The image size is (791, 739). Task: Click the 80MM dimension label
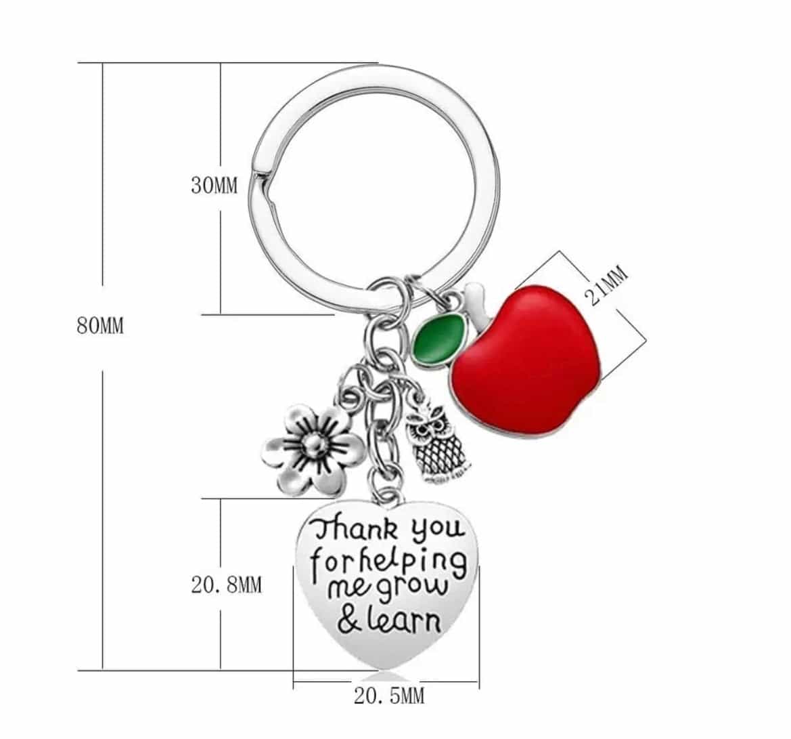point(100,326)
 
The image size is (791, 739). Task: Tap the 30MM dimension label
point(214,186)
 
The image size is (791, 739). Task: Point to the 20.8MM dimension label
point(227,585)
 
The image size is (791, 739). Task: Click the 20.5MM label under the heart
point(389,696)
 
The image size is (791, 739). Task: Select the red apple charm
point(524,361)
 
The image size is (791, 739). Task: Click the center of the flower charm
point(316,444)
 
